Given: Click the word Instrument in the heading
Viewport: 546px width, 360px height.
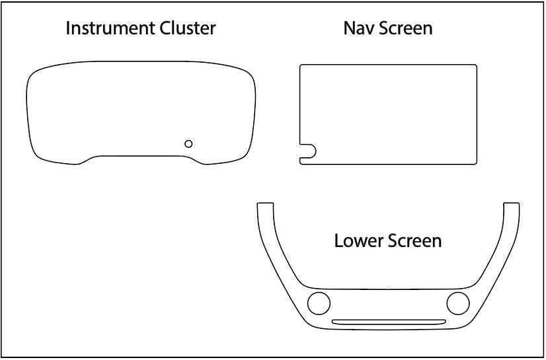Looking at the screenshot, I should coord(109,28).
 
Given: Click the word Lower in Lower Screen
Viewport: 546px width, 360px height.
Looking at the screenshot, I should coord(356,240).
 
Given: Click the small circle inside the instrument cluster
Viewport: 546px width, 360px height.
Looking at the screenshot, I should coord(188,143).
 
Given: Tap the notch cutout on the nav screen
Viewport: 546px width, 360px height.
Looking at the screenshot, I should coord(307,153).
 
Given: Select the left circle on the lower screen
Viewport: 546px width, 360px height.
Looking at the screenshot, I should coord(319,303).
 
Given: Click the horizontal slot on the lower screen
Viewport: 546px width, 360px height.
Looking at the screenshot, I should coord(388,322).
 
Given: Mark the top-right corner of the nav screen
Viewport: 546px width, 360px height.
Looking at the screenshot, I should coord(474,67).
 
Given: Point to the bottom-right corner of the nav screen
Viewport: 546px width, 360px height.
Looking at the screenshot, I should coord(474,162).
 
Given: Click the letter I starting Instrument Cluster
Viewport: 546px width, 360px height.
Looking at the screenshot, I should coord(68,28).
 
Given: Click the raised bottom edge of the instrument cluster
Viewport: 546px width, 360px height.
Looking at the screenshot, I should coord(141,156).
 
